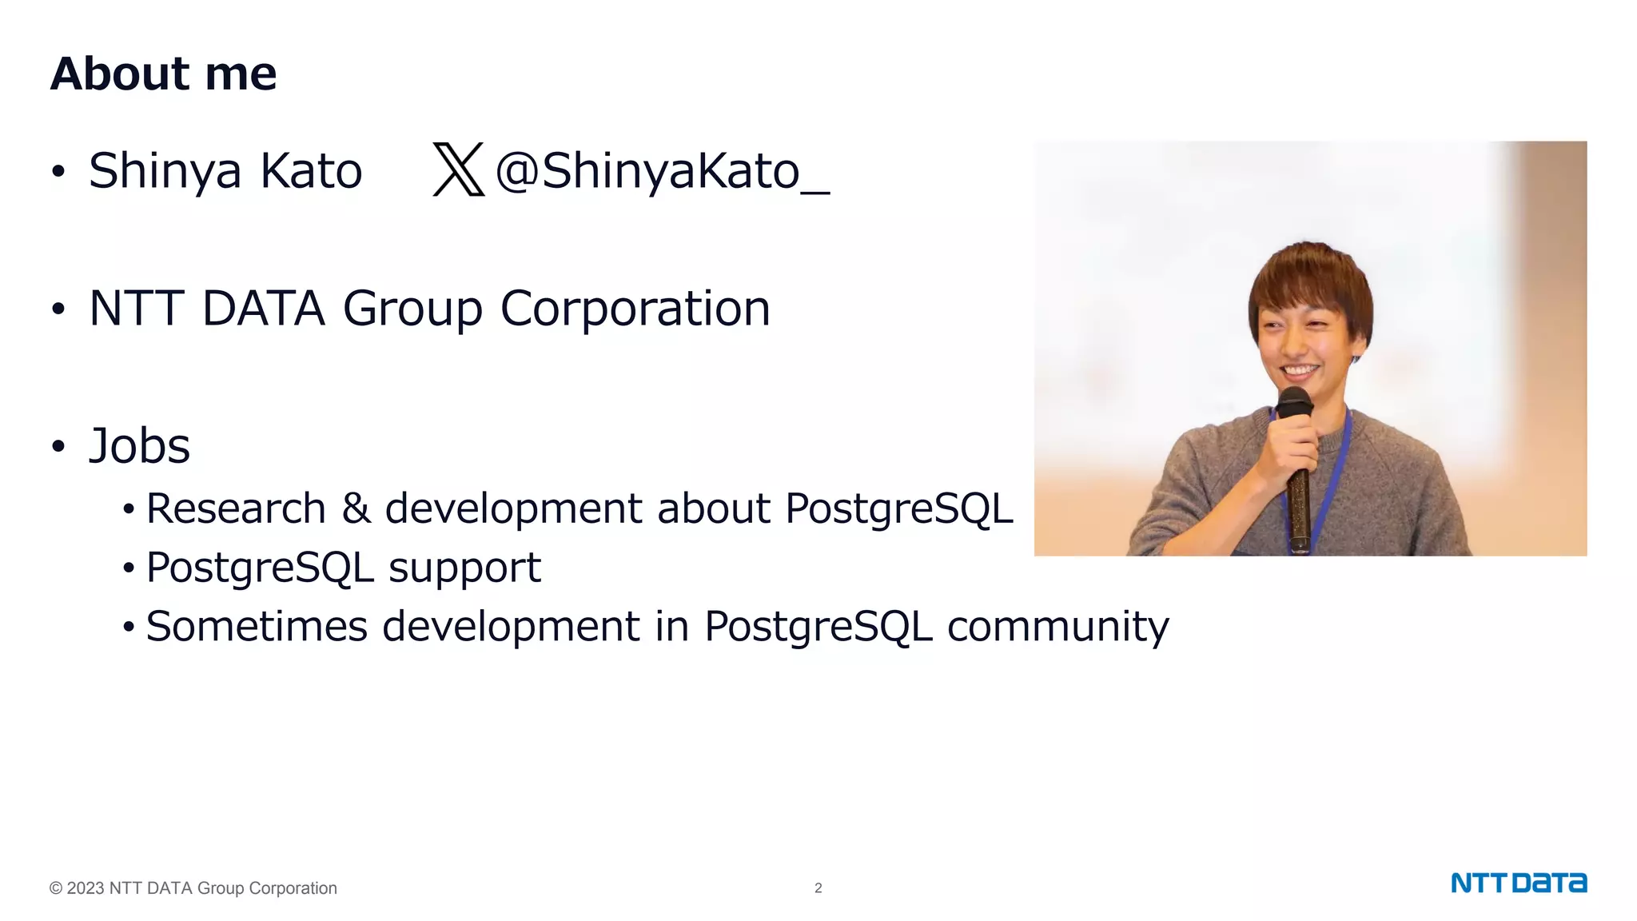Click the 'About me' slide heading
163,74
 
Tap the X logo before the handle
459,169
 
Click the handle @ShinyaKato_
662,171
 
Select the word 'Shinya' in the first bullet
165,171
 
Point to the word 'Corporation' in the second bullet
635,309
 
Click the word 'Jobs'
139,446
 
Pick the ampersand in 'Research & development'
356,508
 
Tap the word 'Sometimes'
256,626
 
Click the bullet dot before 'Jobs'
58,447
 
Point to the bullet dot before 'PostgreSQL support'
129,569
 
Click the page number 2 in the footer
818,888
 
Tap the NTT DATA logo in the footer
1518,883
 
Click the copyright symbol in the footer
56,888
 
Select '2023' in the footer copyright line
86,888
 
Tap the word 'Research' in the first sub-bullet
236,509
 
